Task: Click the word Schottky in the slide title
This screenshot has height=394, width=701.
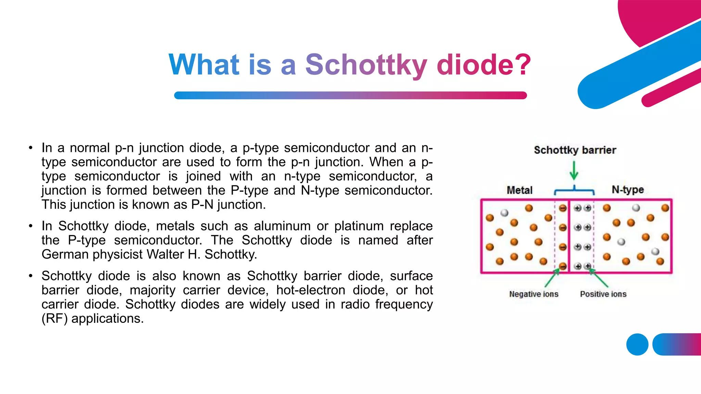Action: point(366,65)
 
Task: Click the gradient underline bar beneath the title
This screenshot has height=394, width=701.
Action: point(350,95)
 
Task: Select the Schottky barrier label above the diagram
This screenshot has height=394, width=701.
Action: point(575,150)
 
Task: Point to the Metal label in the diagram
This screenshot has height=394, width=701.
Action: point(519,190)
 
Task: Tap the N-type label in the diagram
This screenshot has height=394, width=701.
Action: point(627,190)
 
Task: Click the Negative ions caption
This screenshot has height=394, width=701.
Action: point(533,294)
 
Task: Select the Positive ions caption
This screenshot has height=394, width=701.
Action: point(603,294)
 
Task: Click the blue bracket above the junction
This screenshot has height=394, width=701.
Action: point(574,190)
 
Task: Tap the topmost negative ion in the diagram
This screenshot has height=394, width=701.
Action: point(563,208)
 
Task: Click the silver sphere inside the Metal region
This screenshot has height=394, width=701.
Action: point(504,213)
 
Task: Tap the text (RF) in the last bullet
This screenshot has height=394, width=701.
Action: point(54,318)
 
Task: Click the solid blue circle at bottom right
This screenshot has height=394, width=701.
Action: point(637,344)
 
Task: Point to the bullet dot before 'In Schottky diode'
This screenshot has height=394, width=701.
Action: point(31,226)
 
